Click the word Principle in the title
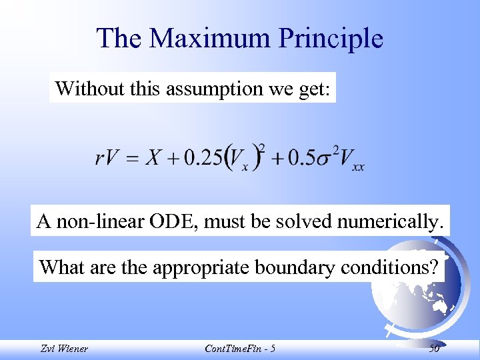pos(331,38)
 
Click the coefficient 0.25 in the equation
pos(204,158)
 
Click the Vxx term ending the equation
pos(349,160)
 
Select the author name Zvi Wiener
pos(63,348)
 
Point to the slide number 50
pos(434,348)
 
